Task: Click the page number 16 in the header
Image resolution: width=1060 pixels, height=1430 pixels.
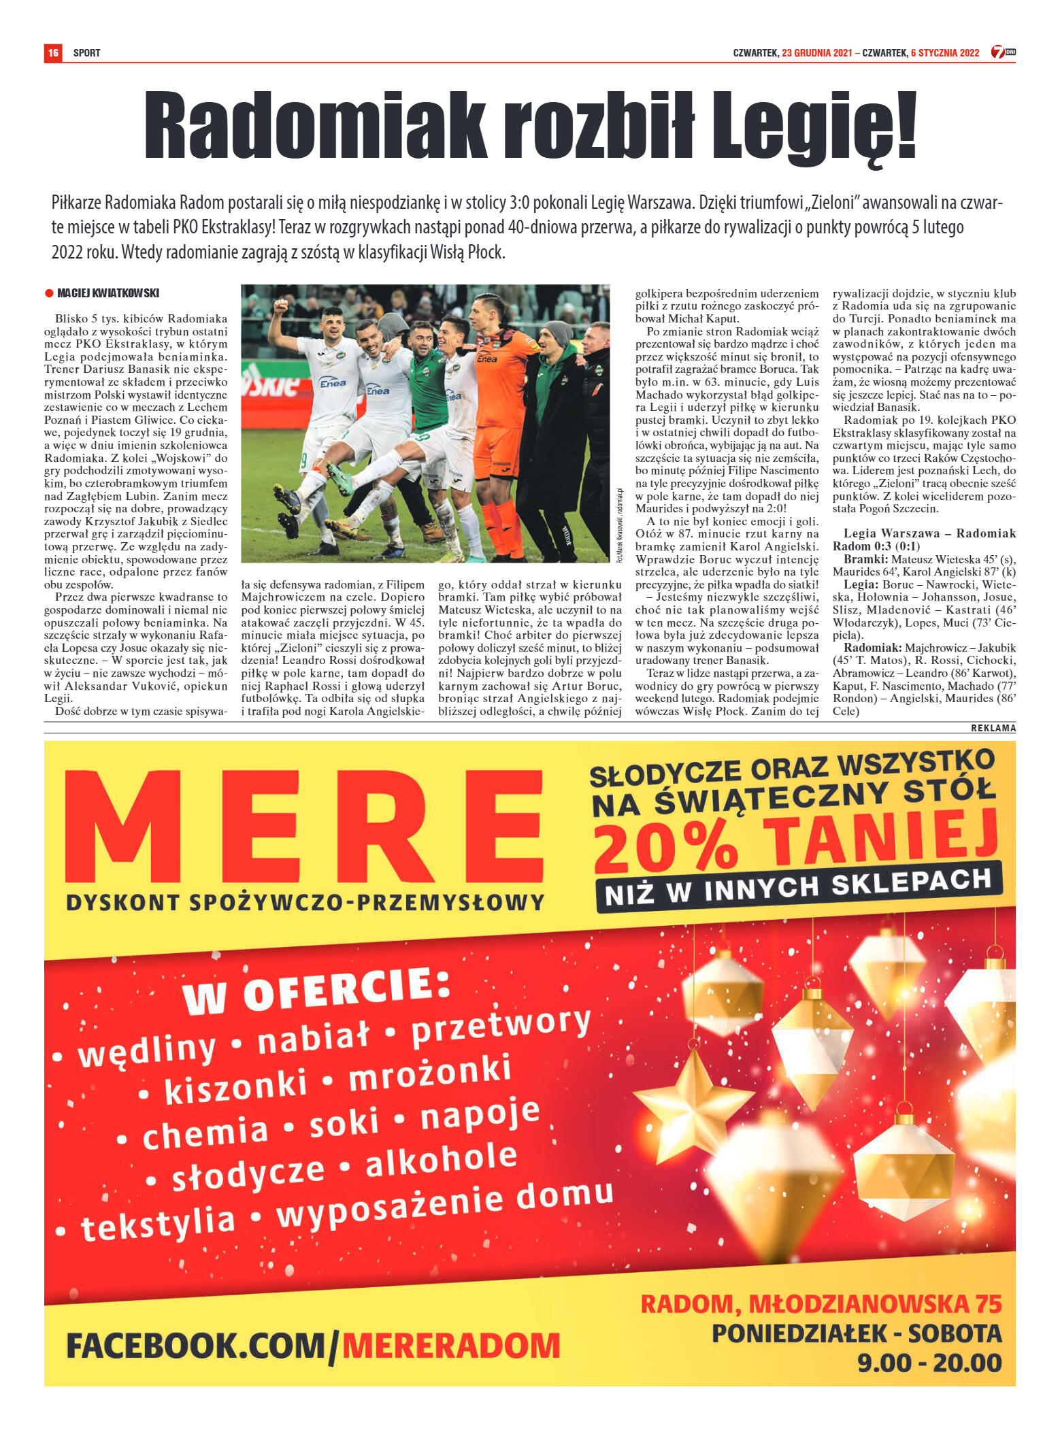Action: pos(53,52)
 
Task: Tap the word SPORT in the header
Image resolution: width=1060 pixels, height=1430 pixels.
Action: pos(86,53)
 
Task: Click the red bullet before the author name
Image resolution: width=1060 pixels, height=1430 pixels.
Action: pos(49,293)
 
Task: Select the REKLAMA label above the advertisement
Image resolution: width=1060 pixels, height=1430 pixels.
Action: pos(993,728)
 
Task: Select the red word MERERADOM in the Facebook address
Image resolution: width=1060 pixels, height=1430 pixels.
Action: pos(451,1345)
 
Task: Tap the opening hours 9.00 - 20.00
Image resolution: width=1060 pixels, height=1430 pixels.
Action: pos(929,1363)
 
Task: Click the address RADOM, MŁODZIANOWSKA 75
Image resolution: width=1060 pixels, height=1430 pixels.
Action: pos(821,1303)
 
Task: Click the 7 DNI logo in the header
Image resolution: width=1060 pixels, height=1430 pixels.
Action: pos(1002,52)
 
